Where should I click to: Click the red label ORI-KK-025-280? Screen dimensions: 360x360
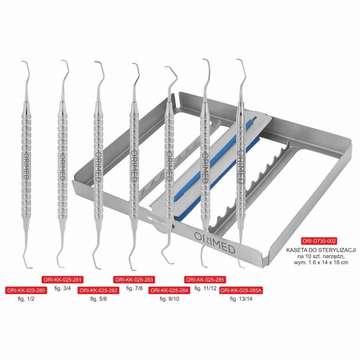(26, 290)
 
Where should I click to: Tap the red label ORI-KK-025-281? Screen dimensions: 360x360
(62, 279)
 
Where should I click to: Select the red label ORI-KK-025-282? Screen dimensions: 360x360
(99, 290)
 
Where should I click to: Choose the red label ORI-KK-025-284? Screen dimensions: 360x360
(169, 290)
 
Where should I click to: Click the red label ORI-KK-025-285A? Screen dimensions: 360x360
(241, 290)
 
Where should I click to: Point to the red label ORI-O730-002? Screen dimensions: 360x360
(319, 241)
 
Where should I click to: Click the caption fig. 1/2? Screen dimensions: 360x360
(26, 299)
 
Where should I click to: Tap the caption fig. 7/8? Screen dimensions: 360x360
(134, 288)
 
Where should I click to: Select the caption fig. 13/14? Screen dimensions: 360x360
(241, 299)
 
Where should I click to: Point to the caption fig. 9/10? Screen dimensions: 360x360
(169, 299)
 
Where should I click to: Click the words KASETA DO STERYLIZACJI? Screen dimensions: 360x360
(321, 250)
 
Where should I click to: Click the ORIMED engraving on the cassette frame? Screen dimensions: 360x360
(214, 243)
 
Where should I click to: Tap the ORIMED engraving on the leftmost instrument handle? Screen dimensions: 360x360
(26, 167)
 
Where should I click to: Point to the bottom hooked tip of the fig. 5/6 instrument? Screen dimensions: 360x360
(101, 268)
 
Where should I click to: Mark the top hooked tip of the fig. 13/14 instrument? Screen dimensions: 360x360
(238, 60)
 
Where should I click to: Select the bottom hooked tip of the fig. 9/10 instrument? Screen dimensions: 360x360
(174, 263)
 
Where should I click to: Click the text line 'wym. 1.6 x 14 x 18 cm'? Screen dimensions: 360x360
(321, 262)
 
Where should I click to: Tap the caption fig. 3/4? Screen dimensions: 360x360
(62, 288)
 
